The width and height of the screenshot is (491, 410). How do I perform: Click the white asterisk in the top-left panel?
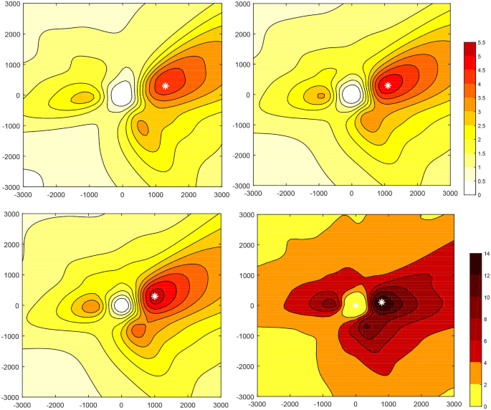coord(166,85)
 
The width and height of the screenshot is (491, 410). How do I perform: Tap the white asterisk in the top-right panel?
coord(388,85)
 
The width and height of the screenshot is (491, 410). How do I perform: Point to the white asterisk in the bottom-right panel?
coord(382,302)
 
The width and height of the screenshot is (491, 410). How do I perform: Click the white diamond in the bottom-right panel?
coord(356,306)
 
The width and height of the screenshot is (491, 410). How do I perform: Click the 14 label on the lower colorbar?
coord(486,253)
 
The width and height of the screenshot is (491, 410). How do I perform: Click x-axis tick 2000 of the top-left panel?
coord(189,194)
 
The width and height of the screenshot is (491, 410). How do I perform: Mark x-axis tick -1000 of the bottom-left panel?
coord(87,404)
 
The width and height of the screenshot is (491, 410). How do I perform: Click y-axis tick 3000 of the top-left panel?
coord(11,4)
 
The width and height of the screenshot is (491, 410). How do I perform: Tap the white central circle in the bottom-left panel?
coord(121,305)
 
